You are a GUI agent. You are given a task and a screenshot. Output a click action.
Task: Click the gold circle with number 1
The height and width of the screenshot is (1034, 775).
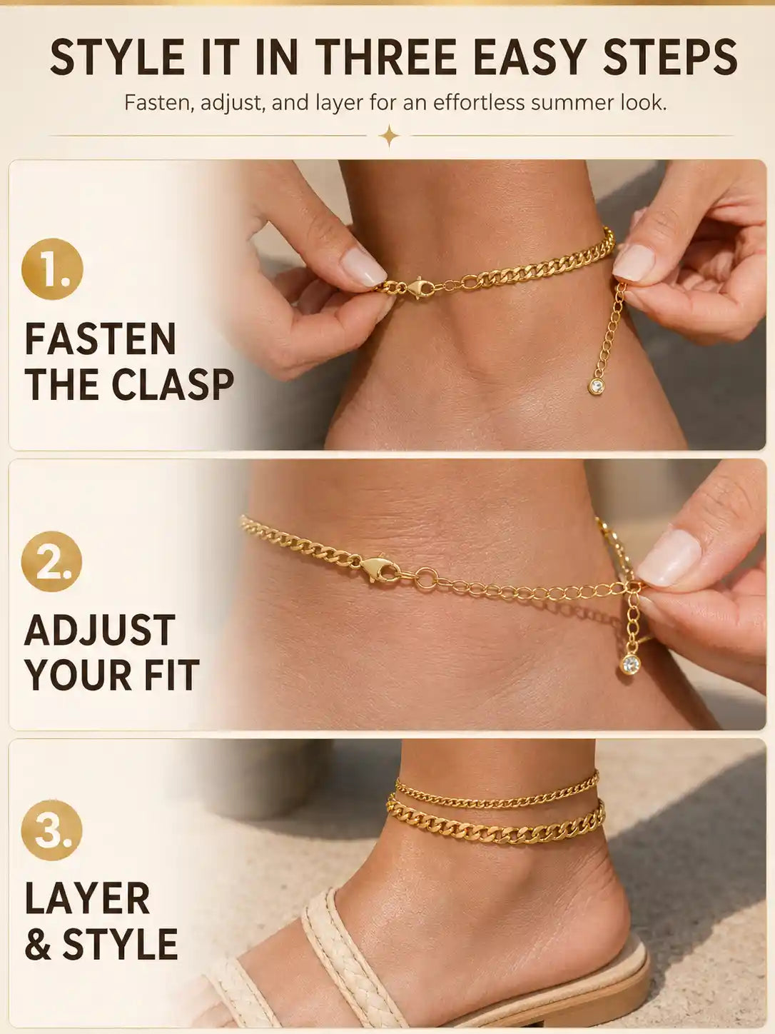tap(52, 269)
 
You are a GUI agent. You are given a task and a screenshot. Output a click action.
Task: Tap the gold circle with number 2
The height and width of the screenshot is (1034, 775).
tap(52, 561)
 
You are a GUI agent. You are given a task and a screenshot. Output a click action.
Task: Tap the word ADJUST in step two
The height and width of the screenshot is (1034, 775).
tap(99, 631)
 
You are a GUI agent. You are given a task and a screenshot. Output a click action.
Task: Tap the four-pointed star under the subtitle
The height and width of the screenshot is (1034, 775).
tap(389, 136)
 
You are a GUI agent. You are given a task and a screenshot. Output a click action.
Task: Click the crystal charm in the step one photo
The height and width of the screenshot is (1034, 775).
tap(597, 386)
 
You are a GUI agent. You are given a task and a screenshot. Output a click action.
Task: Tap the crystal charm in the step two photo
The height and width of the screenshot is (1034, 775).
tap(630, 664)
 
